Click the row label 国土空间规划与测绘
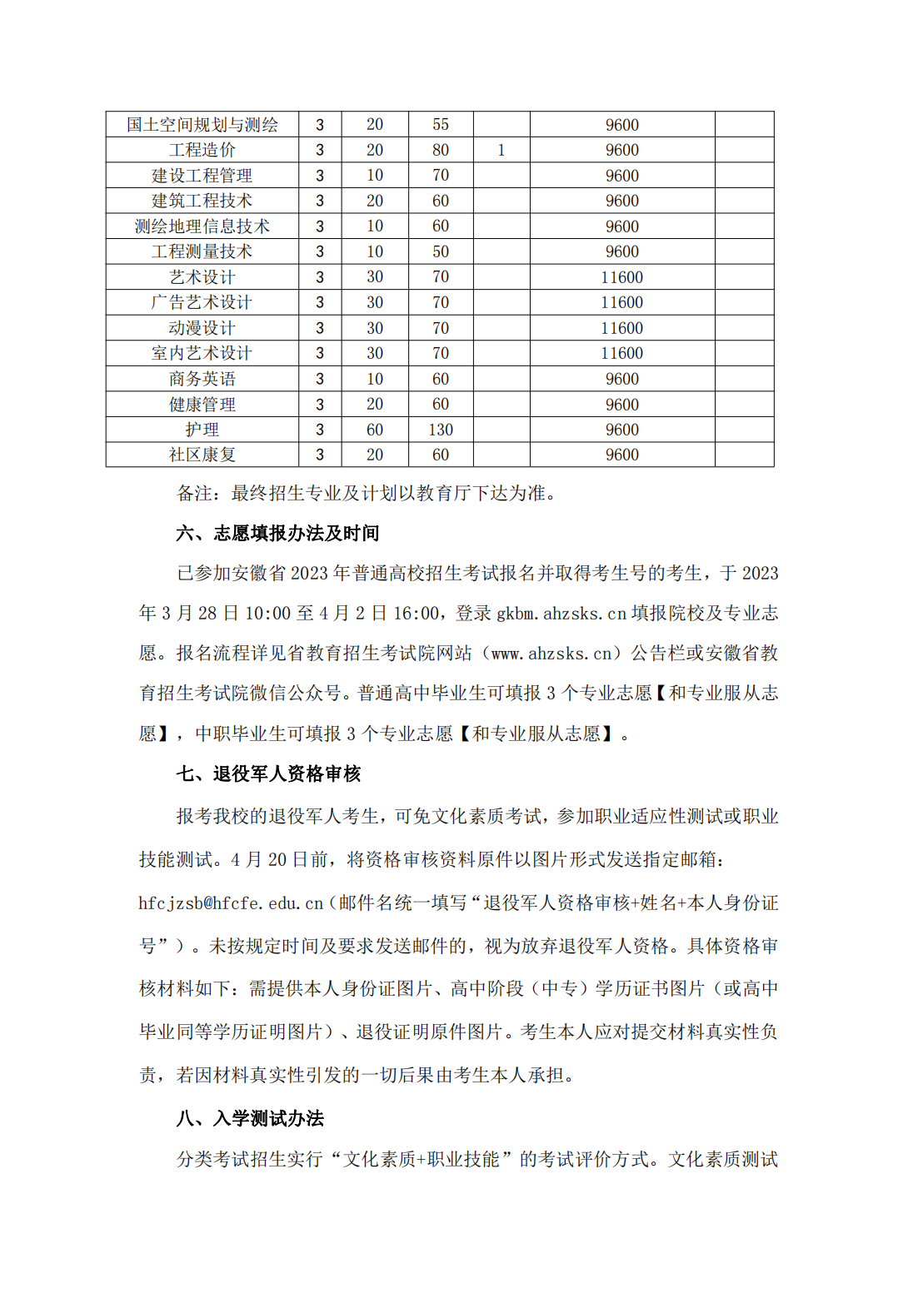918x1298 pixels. tap(202, 125)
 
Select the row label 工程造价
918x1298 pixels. tap(202, 150)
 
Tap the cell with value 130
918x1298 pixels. tap(441, 430)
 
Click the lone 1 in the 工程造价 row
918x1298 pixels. tap(501, 150)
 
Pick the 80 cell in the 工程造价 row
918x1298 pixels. tap(441, 150)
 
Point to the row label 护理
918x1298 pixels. tap(202, 430)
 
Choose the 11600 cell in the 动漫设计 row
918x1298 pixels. tap(621, 328)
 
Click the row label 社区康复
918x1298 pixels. tap(202, 455)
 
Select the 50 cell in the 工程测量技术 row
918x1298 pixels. tap(441, 251)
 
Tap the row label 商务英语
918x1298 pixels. tap(202, 379)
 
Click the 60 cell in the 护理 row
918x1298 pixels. tap(375, 430)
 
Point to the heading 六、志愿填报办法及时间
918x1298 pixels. tap(277, 533)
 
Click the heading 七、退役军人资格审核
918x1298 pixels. tap(268, 773)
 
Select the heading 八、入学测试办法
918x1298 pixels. tap(250, 1118)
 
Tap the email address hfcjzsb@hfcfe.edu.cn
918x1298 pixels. tap(231, 903)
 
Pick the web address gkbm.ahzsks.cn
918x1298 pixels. tap(561, 614)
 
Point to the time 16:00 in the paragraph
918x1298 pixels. tap(416, 614)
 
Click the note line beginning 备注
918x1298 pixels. tap(367, 493)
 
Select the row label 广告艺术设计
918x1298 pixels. tap(202, 302)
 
